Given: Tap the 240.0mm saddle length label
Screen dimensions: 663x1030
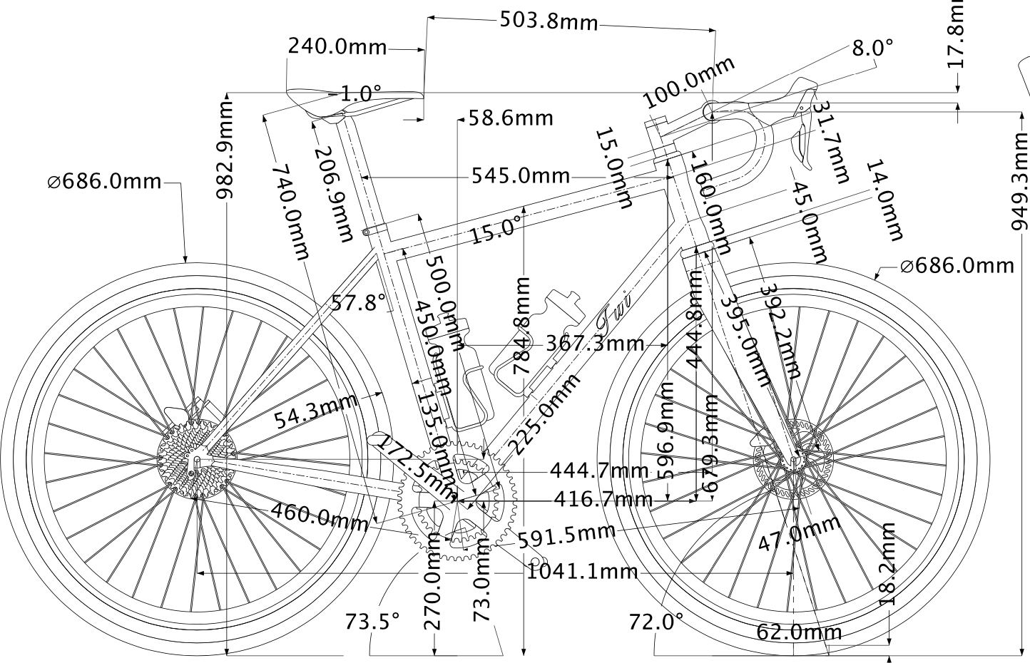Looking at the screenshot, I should pyautogui.click(x=337, y=47).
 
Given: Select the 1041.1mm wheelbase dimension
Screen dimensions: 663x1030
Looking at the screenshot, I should pyautogui.click(x=582, y=571).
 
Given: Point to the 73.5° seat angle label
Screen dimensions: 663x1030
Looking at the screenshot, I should pyautogui.click(x=372, y=621).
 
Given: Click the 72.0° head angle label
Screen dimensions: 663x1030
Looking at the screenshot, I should pyautogui.click(x=656, y=622).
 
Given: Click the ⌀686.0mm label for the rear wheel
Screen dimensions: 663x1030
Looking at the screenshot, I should pyautogui.click(x=105, y=182).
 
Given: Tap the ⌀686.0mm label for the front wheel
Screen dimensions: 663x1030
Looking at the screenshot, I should pyautogui.click(x=956, y=266).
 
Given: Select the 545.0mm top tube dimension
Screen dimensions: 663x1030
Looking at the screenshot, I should pyautogui.click(x=520, y=175).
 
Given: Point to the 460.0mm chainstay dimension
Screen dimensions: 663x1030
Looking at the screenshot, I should pyautogui.click(x=319, y=515).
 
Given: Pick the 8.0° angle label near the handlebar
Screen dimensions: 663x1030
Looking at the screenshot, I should pyautogui.click(x=872, y=48).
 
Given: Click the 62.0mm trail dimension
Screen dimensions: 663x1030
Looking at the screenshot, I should pyautogui.click(x=799, y=632).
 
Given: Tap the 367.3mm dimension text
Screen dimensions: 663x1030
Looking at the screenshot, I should pyautogui.click(x=595, y=344).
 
